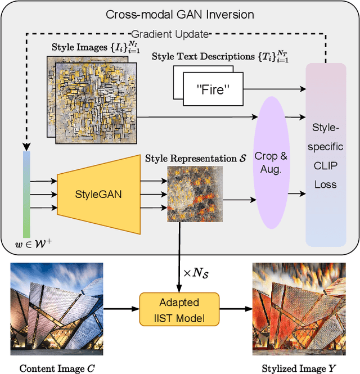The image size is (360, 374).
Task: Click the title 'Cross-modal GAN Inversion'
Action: (x=179, y=14)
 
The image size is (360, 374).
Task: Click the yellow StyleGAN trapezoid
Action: (x=98, y=193)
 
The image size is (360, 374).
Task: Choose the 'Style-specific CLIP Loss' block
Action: (x=326, y=155)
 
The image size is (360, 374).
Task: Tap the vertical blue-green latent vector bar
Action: (x=26, y=194)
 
